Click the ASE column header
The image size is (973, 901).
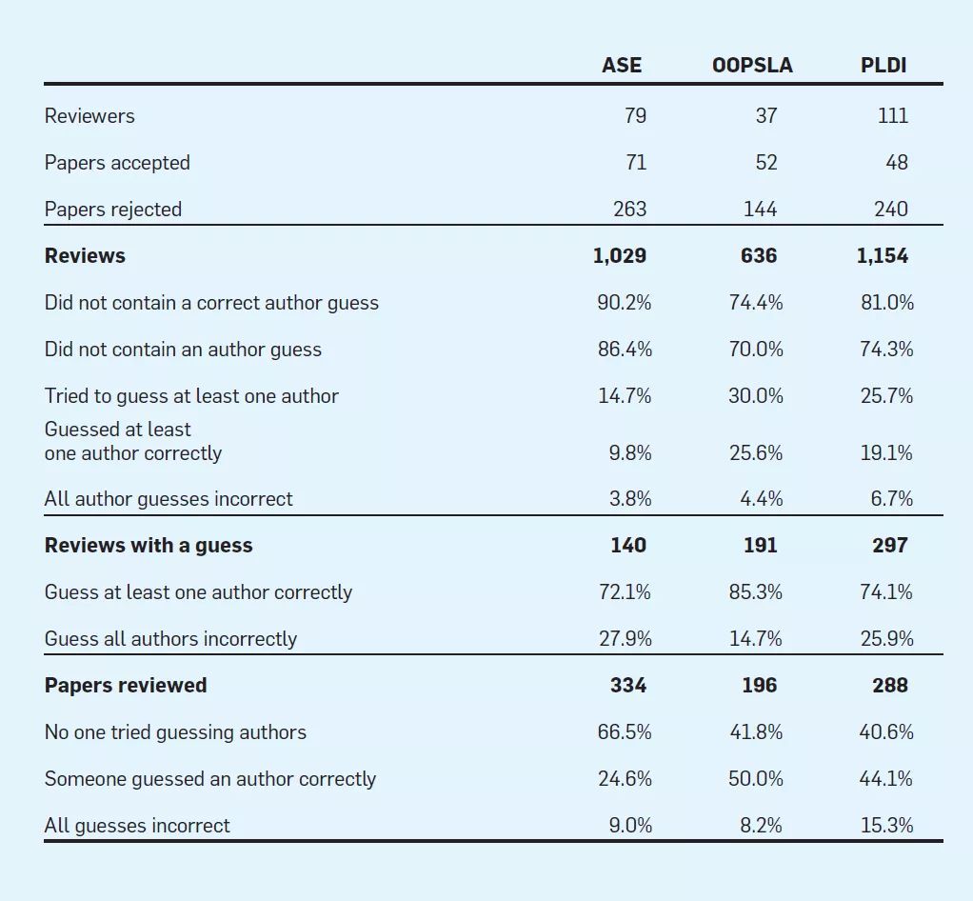coord(622,65)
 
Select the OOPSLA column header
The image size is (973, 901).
coord(752,65)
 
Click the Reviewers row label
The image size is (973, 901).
coord(89,116)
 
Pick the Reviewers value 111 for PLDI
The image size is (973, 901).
coord(892,116)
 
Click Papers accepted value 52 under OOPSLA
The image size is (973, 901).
coord(765,163)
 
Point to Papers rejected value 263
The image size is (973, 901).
coord(629,210)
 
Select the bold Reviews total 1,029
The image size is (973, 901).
coord(620,256)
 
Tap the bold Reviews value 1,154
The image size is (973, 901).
coord(883,256)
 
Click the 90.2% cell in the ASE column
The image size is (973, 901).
coord(625,303)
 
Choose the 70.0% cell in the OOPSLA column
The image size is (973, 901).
coord(756,350)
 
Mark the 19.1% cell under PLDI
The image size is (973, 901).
coord(886,453)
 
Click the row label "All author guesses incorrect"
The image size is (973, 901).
coord(169,499)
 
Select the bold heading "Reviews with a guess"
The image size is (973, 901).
coord(149,546)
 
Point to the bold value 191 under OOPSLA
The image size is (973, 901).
coord(760,546)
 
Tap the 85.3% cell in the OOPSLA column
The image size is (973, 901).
coord(756,592)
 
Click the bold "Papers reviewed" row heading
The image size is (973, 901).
coord(126,686)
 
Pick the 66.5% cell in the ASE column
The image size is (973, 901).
coord(625,732)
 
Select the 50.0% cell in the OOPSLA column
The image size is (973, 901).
coord(756,779)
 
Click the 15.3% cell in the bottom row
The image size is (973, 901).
coord(886,826)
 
